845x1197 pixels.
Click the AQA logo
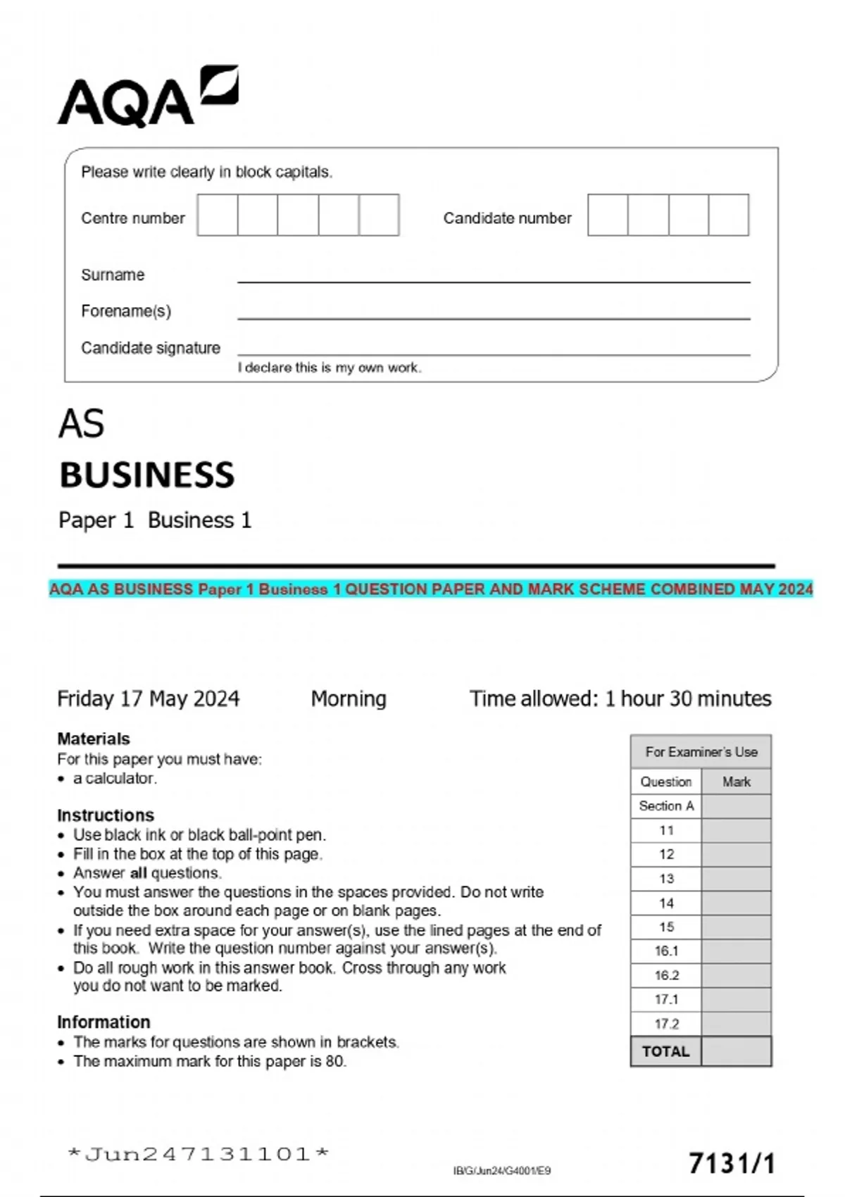pos(147,97)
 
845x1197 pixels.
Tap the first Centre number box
pos(218,215)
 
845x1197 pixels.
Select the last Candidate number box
pos(728,215)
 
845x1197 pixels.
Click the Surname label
pos(113,275)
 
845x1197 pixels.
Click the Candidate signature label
pos(150,348)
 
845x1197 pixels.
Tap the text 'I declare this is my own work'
pos(329,368)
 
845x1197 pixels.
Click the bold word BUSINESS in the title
pos(146,475)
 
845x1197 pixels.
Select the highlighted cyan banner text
pos(431,589)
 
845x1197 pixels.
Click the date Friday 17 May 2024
pos(148,698)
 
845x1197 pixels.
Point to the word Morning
pos(349,698)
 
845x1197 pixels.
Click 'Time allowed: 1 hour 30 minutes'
pos(620,698)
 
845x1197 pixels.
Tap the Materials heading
pos(94,739)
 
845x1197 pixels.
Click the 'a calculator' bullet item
pos(114,778)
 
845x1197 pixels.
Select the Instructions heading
pos(106,815)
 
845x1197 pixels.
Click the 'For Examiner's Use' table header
pos(701,752)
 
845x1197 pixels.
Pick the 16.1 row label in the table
pos(666,951)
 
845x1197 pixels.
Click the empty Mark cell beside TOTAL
pos(736,1051)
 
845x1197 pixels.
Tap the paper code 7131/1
pos(731,1163)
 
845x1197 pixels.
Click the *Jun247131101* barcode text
pos(198,1154)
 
